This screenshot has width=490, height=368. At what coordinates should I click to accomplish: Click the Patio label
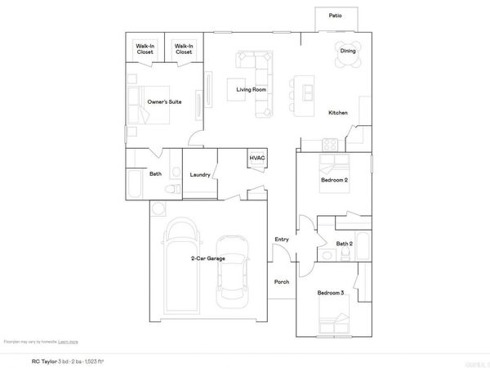(336, 16)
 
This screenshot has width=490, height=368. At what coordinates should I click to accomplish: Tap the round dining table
(348, 52)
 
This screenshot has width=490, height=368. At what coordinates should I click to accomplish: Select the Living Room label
(252, 89)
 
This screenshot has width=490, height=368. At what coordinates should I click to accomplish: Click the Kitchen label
(339, 112)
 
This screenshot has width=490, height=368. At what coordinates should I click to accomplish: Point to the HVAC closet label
(257, 157)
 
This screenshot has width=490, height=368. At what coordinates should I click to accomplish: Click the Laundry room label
(200, 175)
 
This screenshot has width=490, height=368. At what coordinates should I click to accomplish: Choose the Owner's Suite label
(164, 101)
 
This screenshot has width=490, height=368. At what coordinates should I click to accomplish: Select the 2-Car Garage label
(208, 258)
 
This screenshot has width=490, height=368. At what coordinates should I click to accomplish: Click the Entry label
(282, 239)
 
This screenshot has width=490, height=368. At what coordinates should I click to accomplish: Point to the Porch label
(282, 281)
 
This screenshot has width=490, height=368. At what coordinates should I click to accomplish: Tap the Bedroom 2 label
(334, 179)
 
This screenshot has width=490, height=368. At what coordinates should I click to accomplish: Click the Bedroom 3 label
(331, 292)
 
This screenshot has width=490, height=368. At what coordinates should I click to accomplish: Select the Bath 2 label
(345, 244)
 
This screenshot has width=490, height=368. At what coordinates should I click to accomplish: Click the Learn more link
(69, 341)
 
